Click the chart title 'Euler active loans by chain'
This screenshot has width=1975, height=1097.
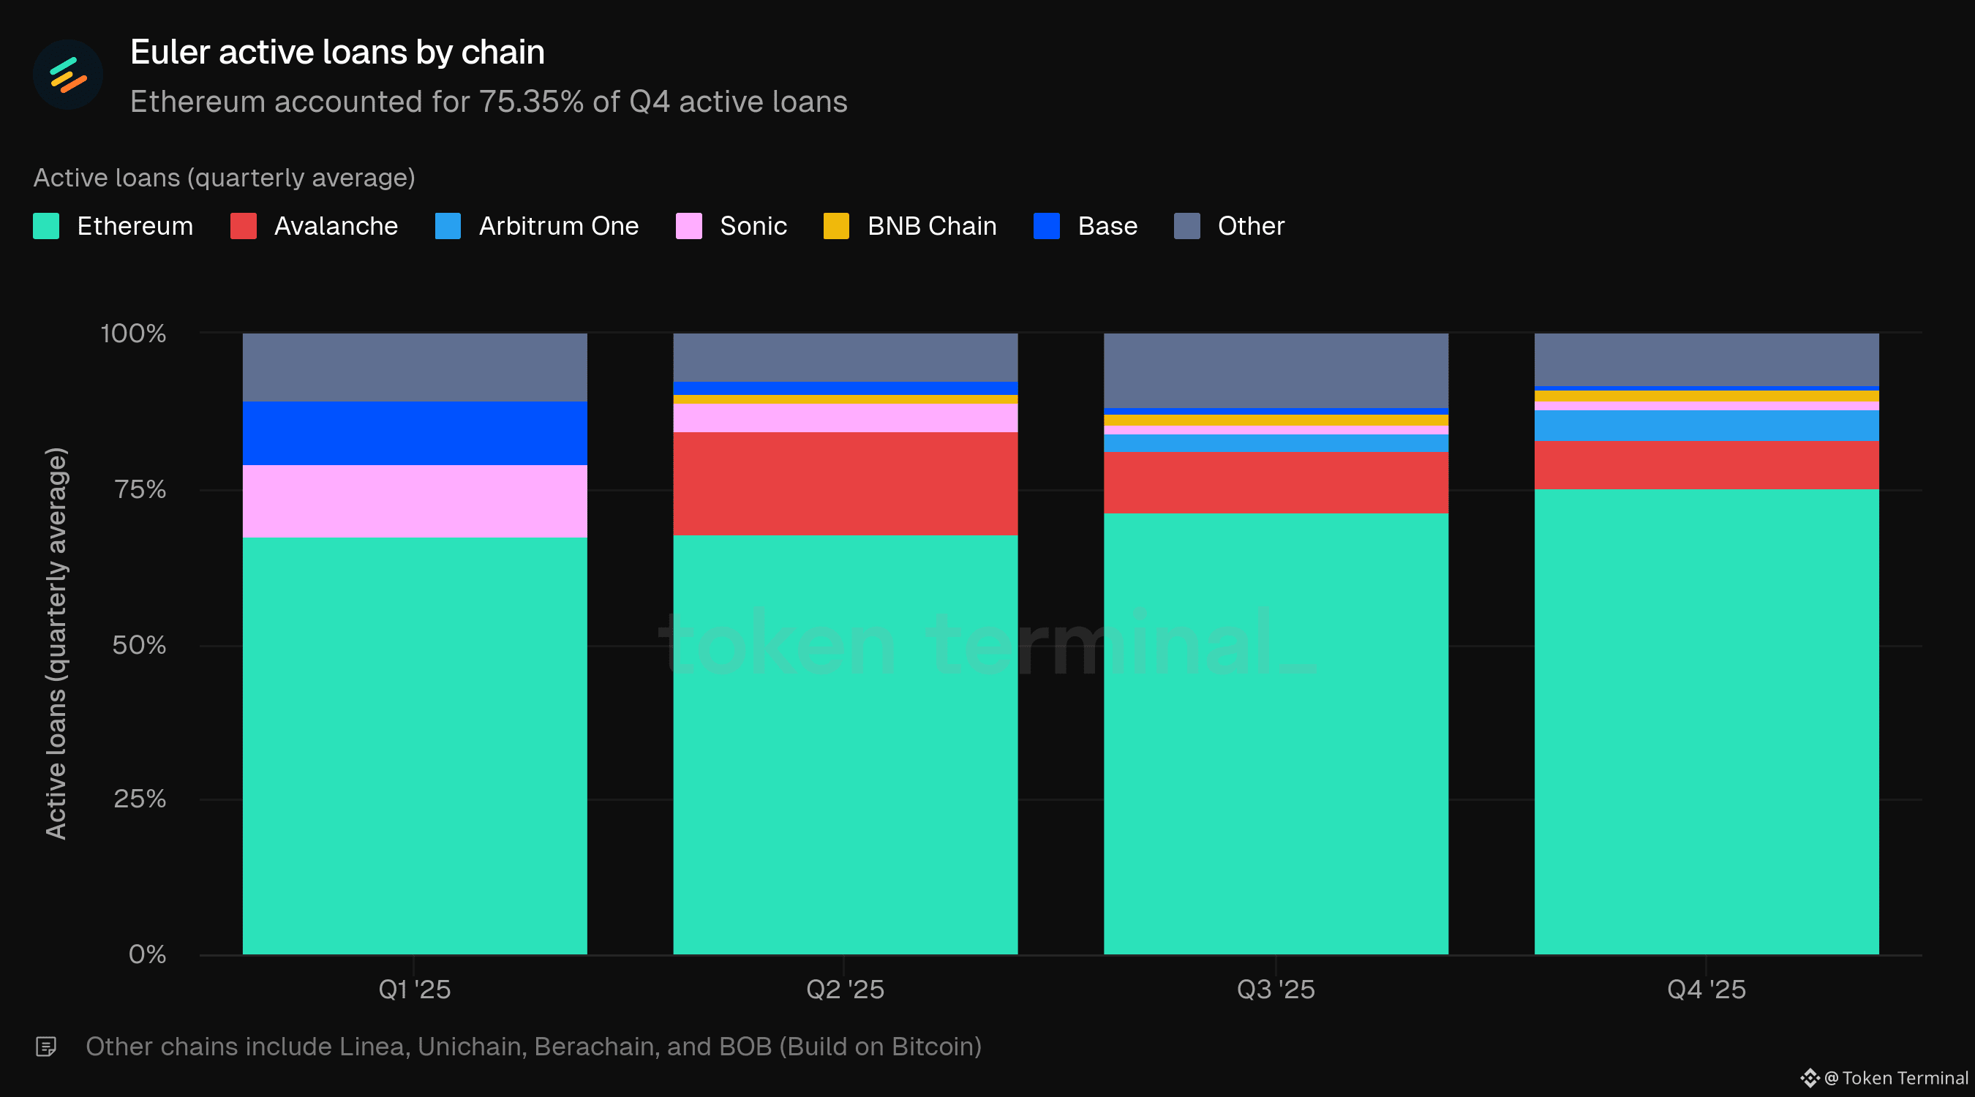tap(337, 52)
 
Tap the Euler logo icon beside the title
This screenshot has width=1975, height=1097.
tap(67, 75)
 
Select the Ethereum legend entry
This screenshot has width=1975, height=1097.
tap(113, 226)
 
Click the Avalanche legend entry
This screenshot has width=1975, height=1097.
tap(315, 226)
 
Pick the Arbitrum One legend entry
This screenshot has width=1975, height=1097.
tap(537, 226)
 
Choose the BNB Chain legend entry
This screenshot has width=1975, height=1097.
tap(910, 226)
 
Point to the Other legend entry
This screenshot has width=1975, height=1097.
tap(1229, 226)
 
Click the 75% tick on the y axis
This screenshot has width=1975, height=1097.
tap(140, 489)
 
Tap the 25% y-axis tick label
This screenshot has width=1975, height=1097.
tap(140, 799)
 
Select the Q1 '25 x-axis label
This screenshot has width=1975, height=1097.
tap(415, 989)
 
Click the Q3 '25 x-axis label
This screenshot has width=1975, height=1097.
tap(1276, 989)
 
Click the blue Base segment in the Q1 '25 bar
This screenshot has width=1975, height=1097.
tap(415, 433)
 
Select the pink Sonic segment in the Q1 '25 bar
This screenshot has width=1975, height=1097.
tap(415, 502)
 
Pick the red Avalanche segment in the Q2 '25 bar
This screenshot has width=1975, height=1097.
tap(846, 483)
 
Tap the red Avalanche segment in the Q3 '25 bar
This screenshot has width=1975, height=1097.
tap(1276, 482)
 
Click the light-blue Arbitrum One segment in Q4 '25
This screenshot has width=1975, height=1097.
tap(1707, 426)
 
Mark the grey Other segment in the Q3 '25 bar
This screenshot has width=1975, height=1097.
tap(1276, 370)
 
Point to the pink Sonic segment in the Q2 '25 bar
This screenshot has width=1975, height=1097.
tap(846, 418)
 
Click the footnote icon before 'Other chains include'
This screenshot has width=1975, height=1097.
tap(46, 1047)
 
